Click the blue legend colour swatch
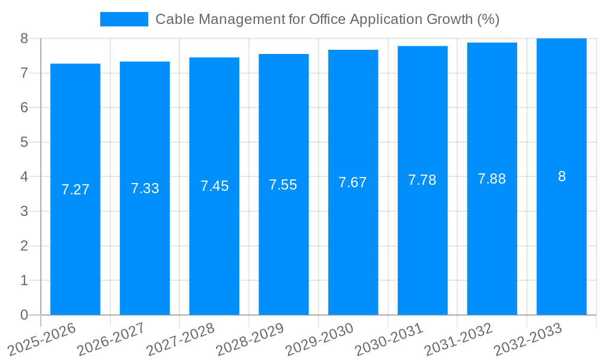click(x=124, y=19)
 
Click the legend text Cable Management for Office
click(x=327, y=19)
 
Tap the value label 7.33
click(x=145, y=188)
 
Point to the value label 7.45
click(x=214, y=186)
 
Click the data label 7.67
click(x=353, y=182)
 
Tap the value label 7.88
click(x=492, y=179)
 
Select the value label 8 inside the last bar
click(x=562, y=176)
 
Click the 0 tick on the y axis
click(x=24, y=315)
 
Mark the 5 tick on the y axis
click(x=24, y=142)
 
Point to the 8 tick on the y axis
click(x=24, y=38)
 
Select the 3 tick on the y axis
click(x=24, y=211)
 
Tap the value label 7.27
click(x=75, y=190)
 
